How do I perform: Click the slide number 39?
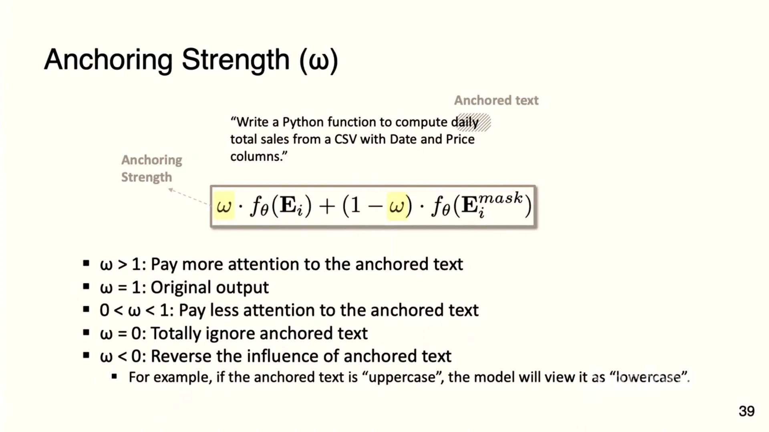747,411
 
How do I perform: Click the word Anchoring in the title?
108,60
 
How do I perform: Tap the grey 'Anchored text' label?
496,100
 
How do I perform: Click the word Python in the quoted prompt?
303,122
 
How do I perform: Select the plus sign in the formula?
327,207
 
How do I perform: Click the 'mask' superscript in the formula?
501,198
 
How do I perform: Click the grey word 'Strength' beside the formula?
147,177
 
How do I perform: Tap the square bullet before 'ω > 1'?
86,264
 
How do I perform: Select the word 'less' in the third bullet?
224,310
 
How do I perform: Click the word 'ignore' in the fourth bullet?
230,334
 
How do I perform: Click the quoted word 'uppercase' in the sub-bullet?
402,378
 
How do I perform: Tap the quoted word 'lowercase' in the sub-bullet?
648,378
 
